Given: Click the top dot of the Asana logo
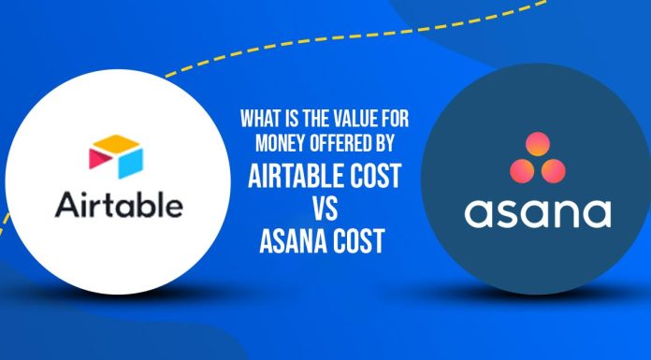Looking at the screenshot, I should click(537, 144).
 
